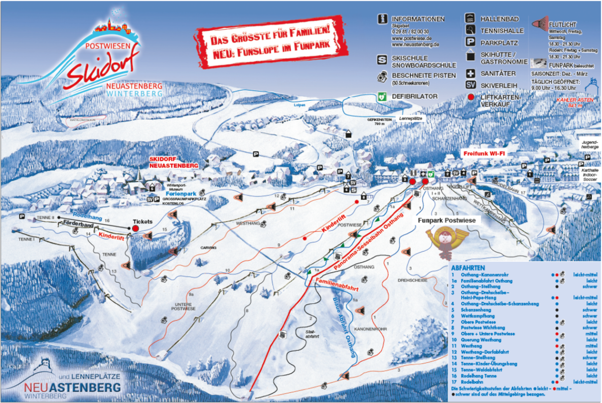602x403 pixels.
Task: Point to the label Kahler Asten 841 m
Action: pos(571,103)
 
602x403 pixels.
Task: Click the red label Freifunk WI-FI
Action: pos(483,153)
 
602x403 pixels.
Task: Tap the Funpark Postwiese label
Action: pos(446,220)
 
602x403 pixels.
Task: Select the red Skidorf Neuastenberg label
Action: pos(174,161)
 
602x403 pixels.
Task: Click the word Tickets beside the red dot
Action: pos(142,221)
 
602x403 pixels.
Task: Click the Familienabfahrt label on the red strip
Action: pos(337,286)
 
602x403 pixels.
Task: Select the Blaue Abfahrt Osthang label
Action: pos(344,326)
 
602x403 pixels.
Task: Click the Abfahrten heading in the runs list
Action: pos(467,268)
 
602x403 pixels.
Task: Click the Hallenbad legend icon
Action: pos(471,18)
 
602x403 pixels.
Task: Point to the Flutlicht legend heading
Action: pos(562,24)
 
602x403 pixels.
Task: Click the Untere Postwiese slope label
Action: pos(185,306)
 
